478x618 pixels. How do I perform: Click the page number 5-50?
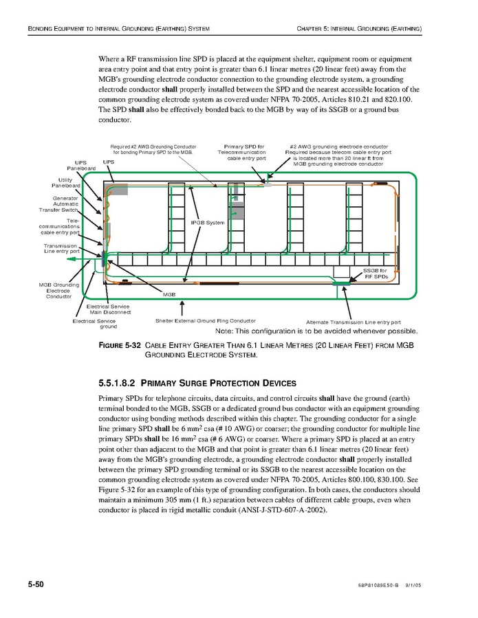pyautogui.click(x=36, y=584)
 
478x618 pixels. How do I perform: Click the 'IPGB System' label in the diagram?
pyautogui.click(x=208, y=222)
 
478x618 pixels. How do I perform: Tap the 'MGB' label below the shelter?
pyautogui.click(x=169, y=294)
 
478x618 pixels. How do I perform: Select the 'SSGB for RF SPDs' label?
pyautogui.click(x=375, y=273)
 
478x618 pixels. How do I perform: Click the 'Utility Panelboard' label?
pyautogui.click(x=66, y=183)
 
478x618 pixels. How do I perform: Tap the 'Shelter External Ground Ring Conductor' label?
pyautogui.click(x=205, y=320)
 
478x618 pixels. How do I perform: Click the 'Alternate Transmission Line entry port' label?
pyautogui.click(x=353, y=322)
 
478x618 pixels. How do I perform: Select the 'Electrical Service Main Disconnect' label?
pyautogui.click(x=107, y=309)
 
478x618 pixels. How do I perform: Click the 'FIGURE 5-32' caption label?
pyautogui.click(x=120, y=344)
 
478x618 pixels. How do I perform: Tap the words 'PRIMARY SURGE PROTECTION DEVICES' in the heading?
pyautogui.click(x=217, y=382)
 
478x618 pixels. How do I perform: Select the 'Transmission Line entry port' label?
pyautogui.click(x=62, y=248)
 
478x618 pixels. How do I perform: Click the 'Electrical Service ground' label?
pyautogui.click(x=95, y=323)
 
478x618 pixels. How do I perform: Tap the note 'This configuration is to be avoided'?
pyautogui.click(x=316, y=331)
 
